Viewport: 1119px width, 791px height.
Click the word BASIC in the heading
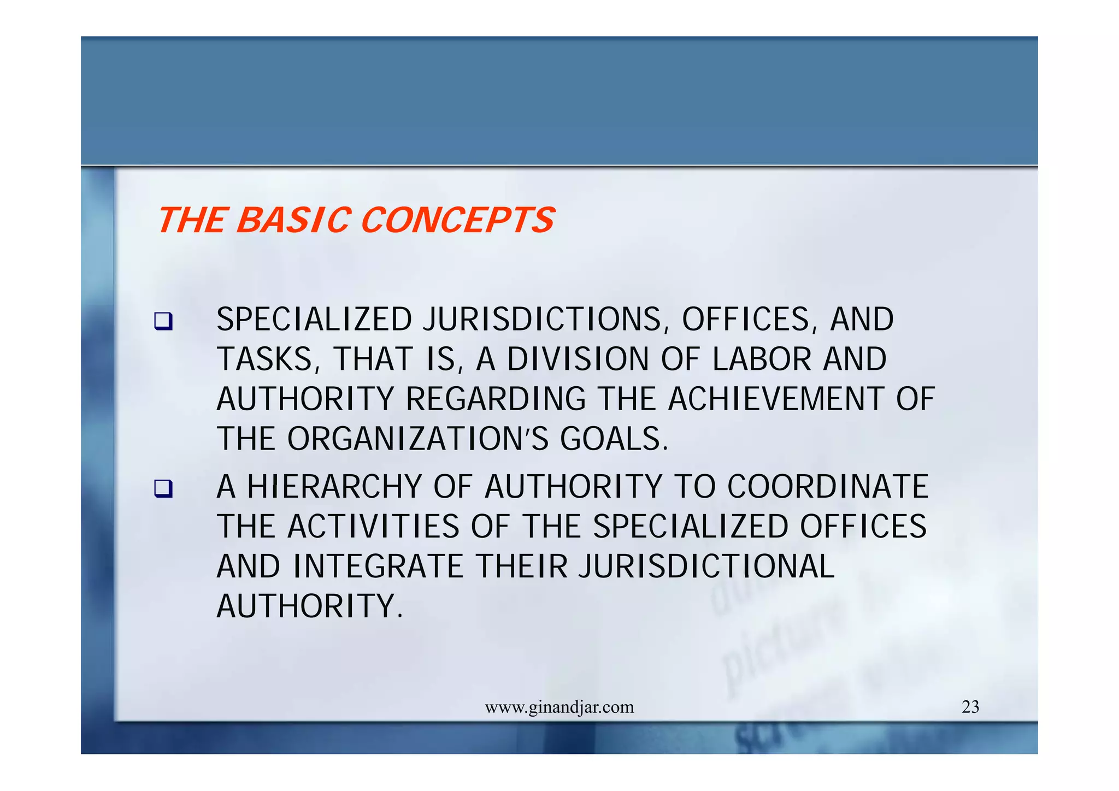[293, 220]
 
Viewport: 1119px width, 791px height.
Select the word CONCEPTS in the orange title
[457, 220]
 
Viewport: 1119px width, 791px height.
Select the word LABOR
[762, 359]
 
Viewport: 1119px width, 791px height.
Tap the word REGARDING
[496, 399]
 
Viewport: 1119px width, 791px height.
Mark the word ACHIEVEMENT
[776, 399]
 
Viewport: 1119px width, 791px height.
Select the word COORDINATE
[828, 487]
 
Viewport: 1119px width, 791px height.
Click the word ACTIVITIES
[373, 527]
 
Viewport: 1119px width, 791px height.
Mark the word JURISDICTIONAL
[706, 566]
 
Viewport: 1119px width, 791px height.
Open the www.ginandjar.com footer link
[559, 707]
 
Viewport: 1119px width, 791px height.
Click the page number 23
[970, 707]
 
